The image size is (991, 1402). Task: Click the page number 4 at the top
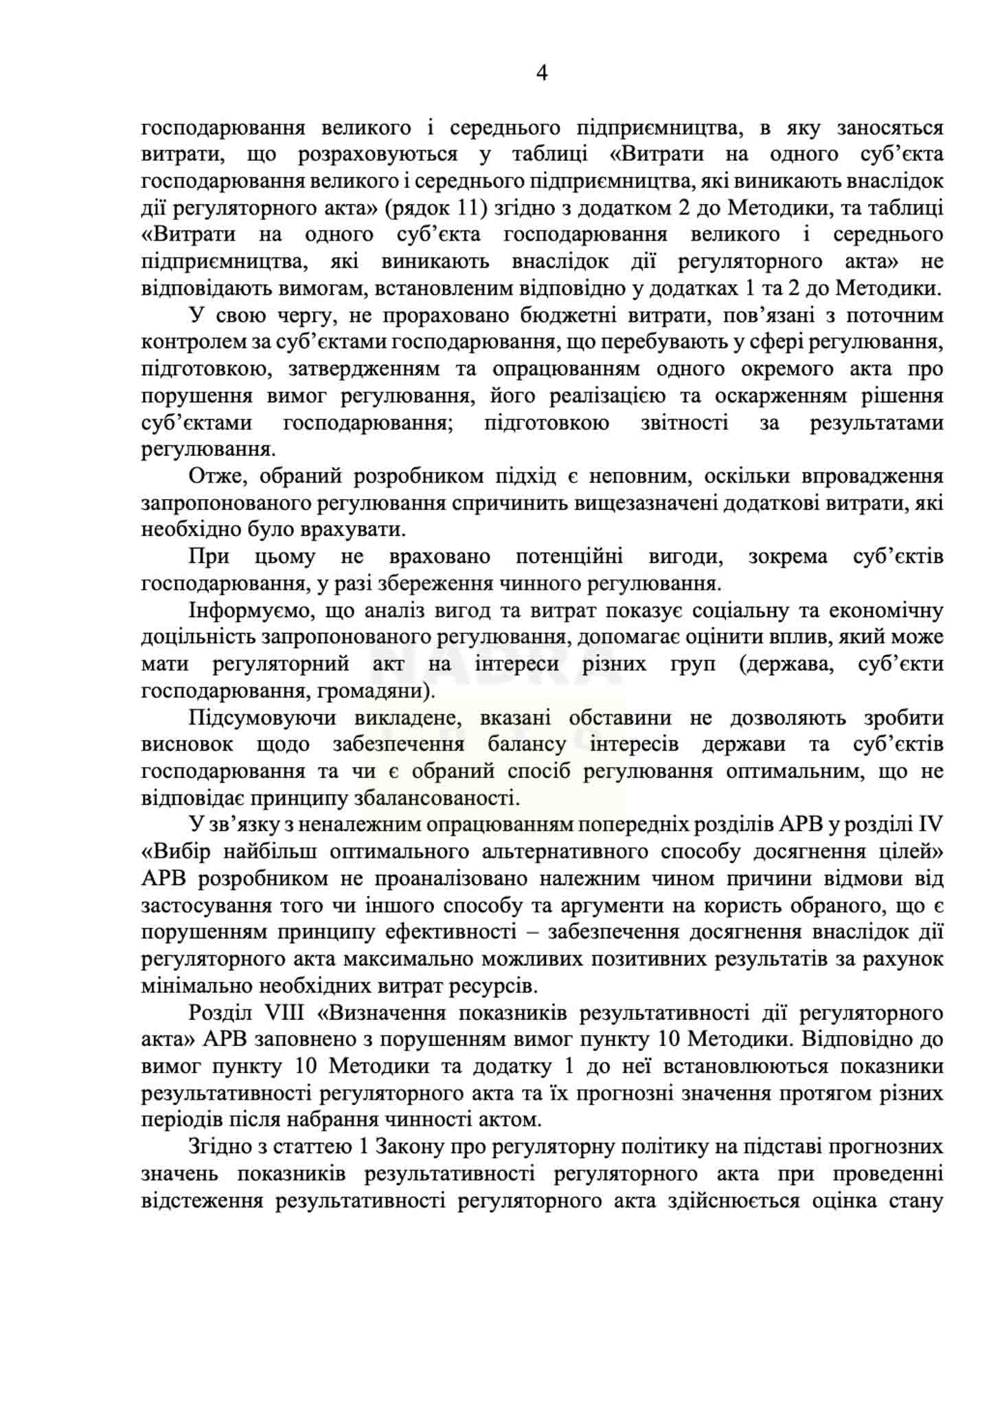point(541,74)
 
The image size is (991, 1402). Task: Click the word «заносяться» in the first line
point(890,128)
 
